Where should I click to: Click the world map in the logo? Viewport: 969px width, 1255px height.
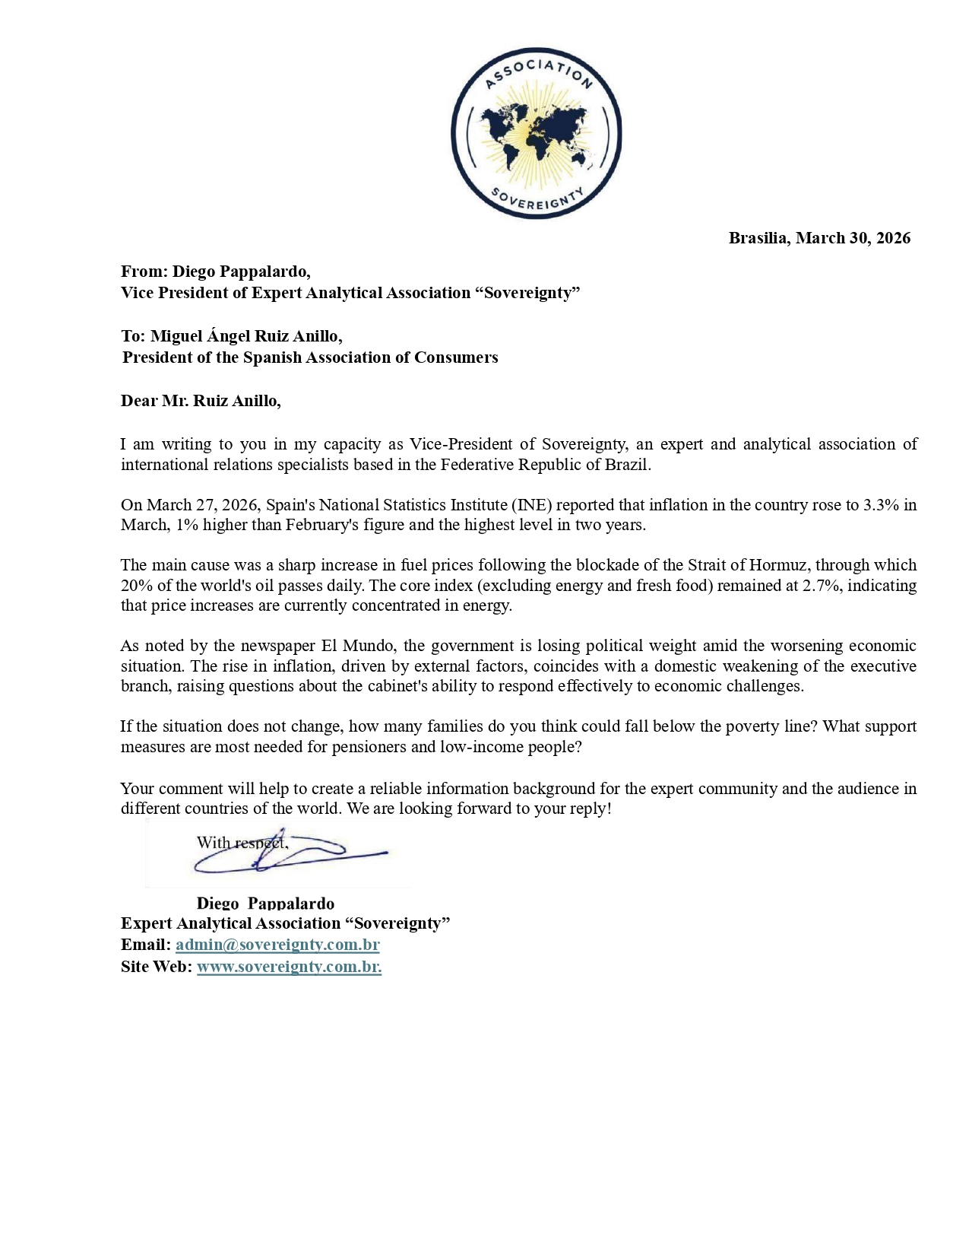pos(535,132)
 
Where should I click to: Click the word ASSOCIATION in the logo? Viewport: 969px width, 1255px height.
pos(537,70)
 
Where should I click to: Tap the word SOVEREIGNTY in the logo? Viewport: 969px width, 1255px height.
pos(537,199)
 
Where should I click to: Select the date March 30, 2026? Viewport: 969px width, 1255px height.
pos(853,238)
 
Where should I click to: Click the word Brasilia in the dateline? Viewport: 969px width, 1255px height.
pos(758,238)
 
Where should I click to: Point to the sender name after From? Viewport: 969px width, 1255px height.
pos(241,272)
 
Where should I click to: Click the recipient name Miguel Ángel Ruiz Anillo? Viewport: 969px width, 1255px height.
pos(245,336)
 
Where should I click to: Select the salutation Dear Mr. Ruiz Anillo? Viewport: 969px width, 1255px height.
pos(201,401)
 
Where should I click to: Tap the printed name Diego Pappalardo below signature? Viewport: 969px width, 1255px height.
pos(265,903)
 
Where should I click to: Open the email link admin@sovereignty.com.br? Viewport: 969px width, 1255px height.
pos(277,945)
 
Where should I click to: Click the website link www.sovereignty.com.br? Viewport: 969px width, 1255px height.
pos(289,967)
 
